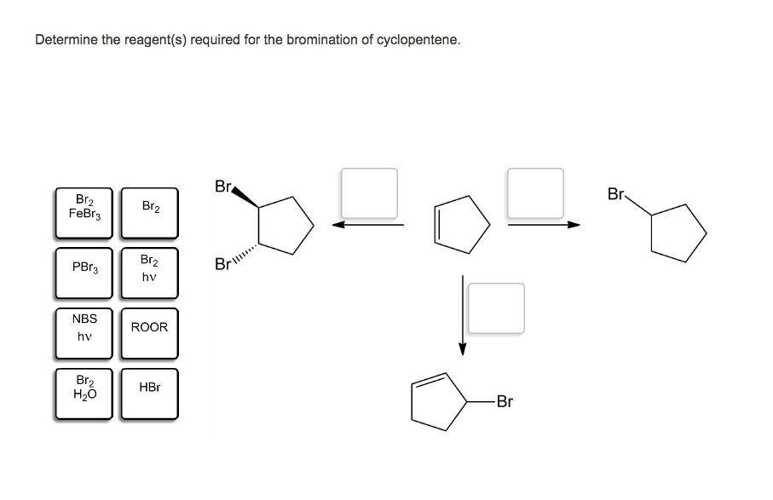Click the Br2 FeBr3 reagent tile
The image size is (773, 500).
(x=84, y=212)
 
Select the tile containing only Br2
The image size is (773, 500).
(x=149, y=212)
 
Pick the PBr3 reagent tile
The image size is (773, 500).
(x=84, y=273)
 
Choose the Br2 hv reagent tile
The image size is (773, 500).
(x=149, y=273)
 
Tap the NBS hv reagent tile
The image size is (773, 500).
(x=84, y=333)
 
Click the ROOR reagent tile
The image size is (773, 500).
(x=149, y=333)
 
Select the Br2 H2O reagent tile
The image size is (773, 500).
(x=84, y=394)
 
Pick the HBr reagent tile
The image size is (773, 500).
(x=149, y=394)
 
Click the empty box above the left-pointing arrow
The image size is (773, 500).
(x=369, y=193)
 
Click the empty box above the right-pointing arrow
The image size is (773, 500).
(x=535, y=193)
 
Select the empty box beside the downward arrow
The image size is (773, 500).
(x=496, y=308)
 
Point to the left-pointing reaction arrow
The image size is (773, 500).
(x=368, y=226)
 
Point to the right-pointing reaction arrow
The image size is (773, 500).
(x=544, y=226)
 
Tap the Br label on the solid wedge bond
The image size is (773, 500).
(x=223, y=186)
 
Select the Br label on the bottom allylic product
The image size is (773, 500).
(x=504, y=401)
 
